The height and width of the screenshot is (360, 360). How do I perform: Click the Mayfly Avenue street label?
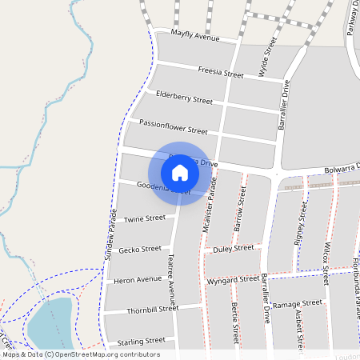pyautogui.click(x=195, y=37)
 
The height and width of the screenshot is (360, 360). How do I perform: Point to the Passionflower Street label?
pyautogui.click(x=173, y=126)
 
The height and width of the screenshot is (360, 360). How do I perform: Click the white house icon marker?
pyautogui.click(x=180, y=173)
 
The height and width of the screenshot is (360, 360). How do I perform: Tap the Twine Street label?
pyautogui.click(x=145, y=218)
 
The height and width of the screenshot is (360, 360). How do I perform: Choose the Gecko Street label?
pyautogui.click(x=140, y=250)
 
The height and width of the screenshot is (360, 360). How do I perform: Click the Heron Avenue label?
pyautogui.click(x=138, y=280)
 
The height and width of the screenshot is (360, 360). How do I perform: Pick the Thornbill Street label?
pyautogui.click(x=151, y=309)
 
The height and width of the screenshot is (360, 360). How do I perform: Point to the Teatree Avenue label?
pyautogui.click(x=171, y=278)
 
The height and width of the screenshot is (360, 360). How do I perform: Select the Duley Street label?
pyautogui.click(x=234, y=250)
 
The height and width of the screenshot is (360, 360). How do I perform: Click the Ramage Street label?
pyautogui.click(x=297, y=305)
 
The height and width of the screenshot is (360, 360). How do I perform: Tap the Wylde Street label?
pyautogui.click(x=268, y=56)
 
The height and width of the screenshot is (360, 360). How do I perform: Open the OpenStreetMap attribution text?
pyautogui.click(x=80, y=354)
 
